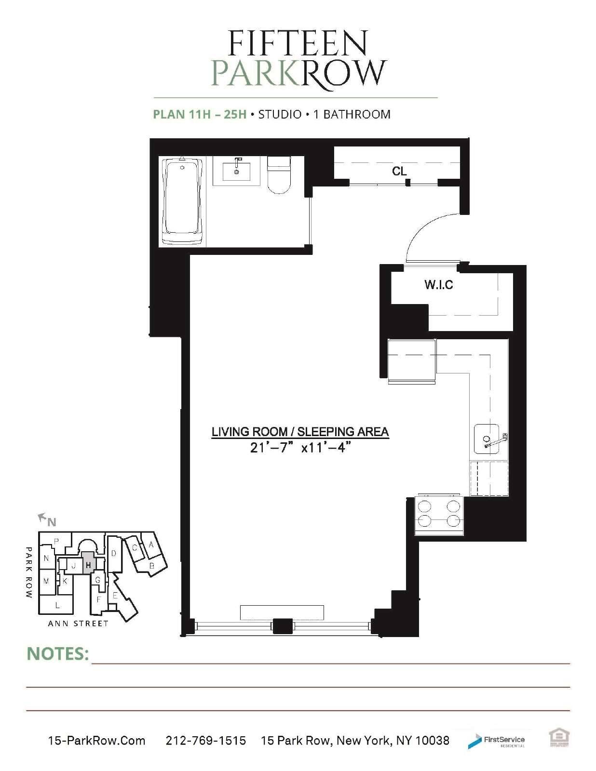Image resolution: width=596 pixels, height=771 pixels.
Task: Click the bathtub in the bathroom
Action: (182, 201)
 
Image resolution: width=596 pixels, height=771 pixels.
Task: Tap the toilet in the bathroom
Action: (279, 174)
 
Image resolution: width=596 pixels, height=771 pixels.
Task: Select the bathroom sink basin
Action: (236, 172)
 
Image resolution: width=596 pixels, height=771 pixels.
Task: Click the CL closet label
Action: (399, 172)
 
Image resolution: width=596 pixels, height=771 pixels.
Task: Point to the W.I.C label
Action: (439, 285)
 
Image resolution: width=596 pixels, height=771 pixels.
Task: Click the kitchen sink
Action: (488, 439)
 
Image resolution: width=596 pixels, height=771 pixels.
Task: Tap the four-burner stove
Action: (439, 516)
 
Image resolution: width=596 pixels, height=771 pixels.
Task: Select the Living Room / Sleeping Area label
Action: (300, 432)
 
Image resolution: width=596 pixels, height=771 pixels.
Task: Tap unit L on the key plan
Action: (57, 605)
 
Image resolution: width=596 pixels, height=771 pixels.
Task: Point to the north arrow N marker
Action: (48, 520)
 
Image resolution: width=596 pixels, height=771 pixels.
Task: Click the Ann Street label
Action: (78, 624)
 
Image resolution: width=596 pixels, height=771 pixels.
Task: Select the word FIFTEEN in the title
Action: (298, 43)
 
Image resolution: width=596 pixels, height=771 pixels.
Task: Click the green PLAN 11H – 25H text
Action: (200, 114)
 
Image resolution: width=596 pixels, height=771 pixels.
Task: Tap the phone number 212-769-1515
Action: (205, 740)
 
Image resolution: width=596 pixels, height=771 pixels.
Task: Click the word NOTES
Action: (58, 654)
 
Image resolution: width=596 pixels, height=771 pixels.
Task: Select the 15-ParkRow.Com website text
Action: (96, 740)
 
